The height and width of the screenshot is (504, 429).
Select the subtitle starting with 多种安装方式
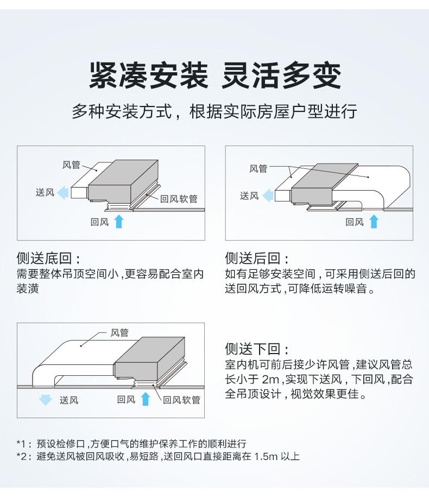(x=214, y=112)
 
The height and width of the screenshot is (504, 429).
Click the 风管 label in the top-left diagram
(x=71, y=165)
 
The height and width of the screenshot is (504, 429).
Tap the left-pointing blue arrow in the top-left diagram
(x=64, y=192)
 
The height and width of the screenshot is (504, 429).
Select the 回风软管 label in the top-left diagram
(x=179, y=199)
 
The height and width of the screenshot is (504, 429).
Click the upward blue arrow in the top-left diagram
(x=119, y=222)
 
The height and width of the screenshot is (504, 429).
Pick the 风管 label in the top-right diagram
(x=258, y=169)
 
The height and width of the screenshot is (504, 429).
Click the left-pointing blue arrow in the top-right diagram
(x=268, y=196)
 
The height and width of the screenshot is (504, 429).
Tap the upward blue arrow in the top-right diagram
(x=374, y=222)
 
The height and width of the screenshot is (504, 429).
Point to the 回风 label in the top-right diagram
(x=355, y=222)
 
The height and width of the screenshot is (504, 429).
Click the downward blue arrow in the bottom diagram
(x=46, y=400)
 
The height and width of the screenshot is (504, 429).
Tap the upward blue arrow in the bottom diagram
(x=145, y=400)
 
